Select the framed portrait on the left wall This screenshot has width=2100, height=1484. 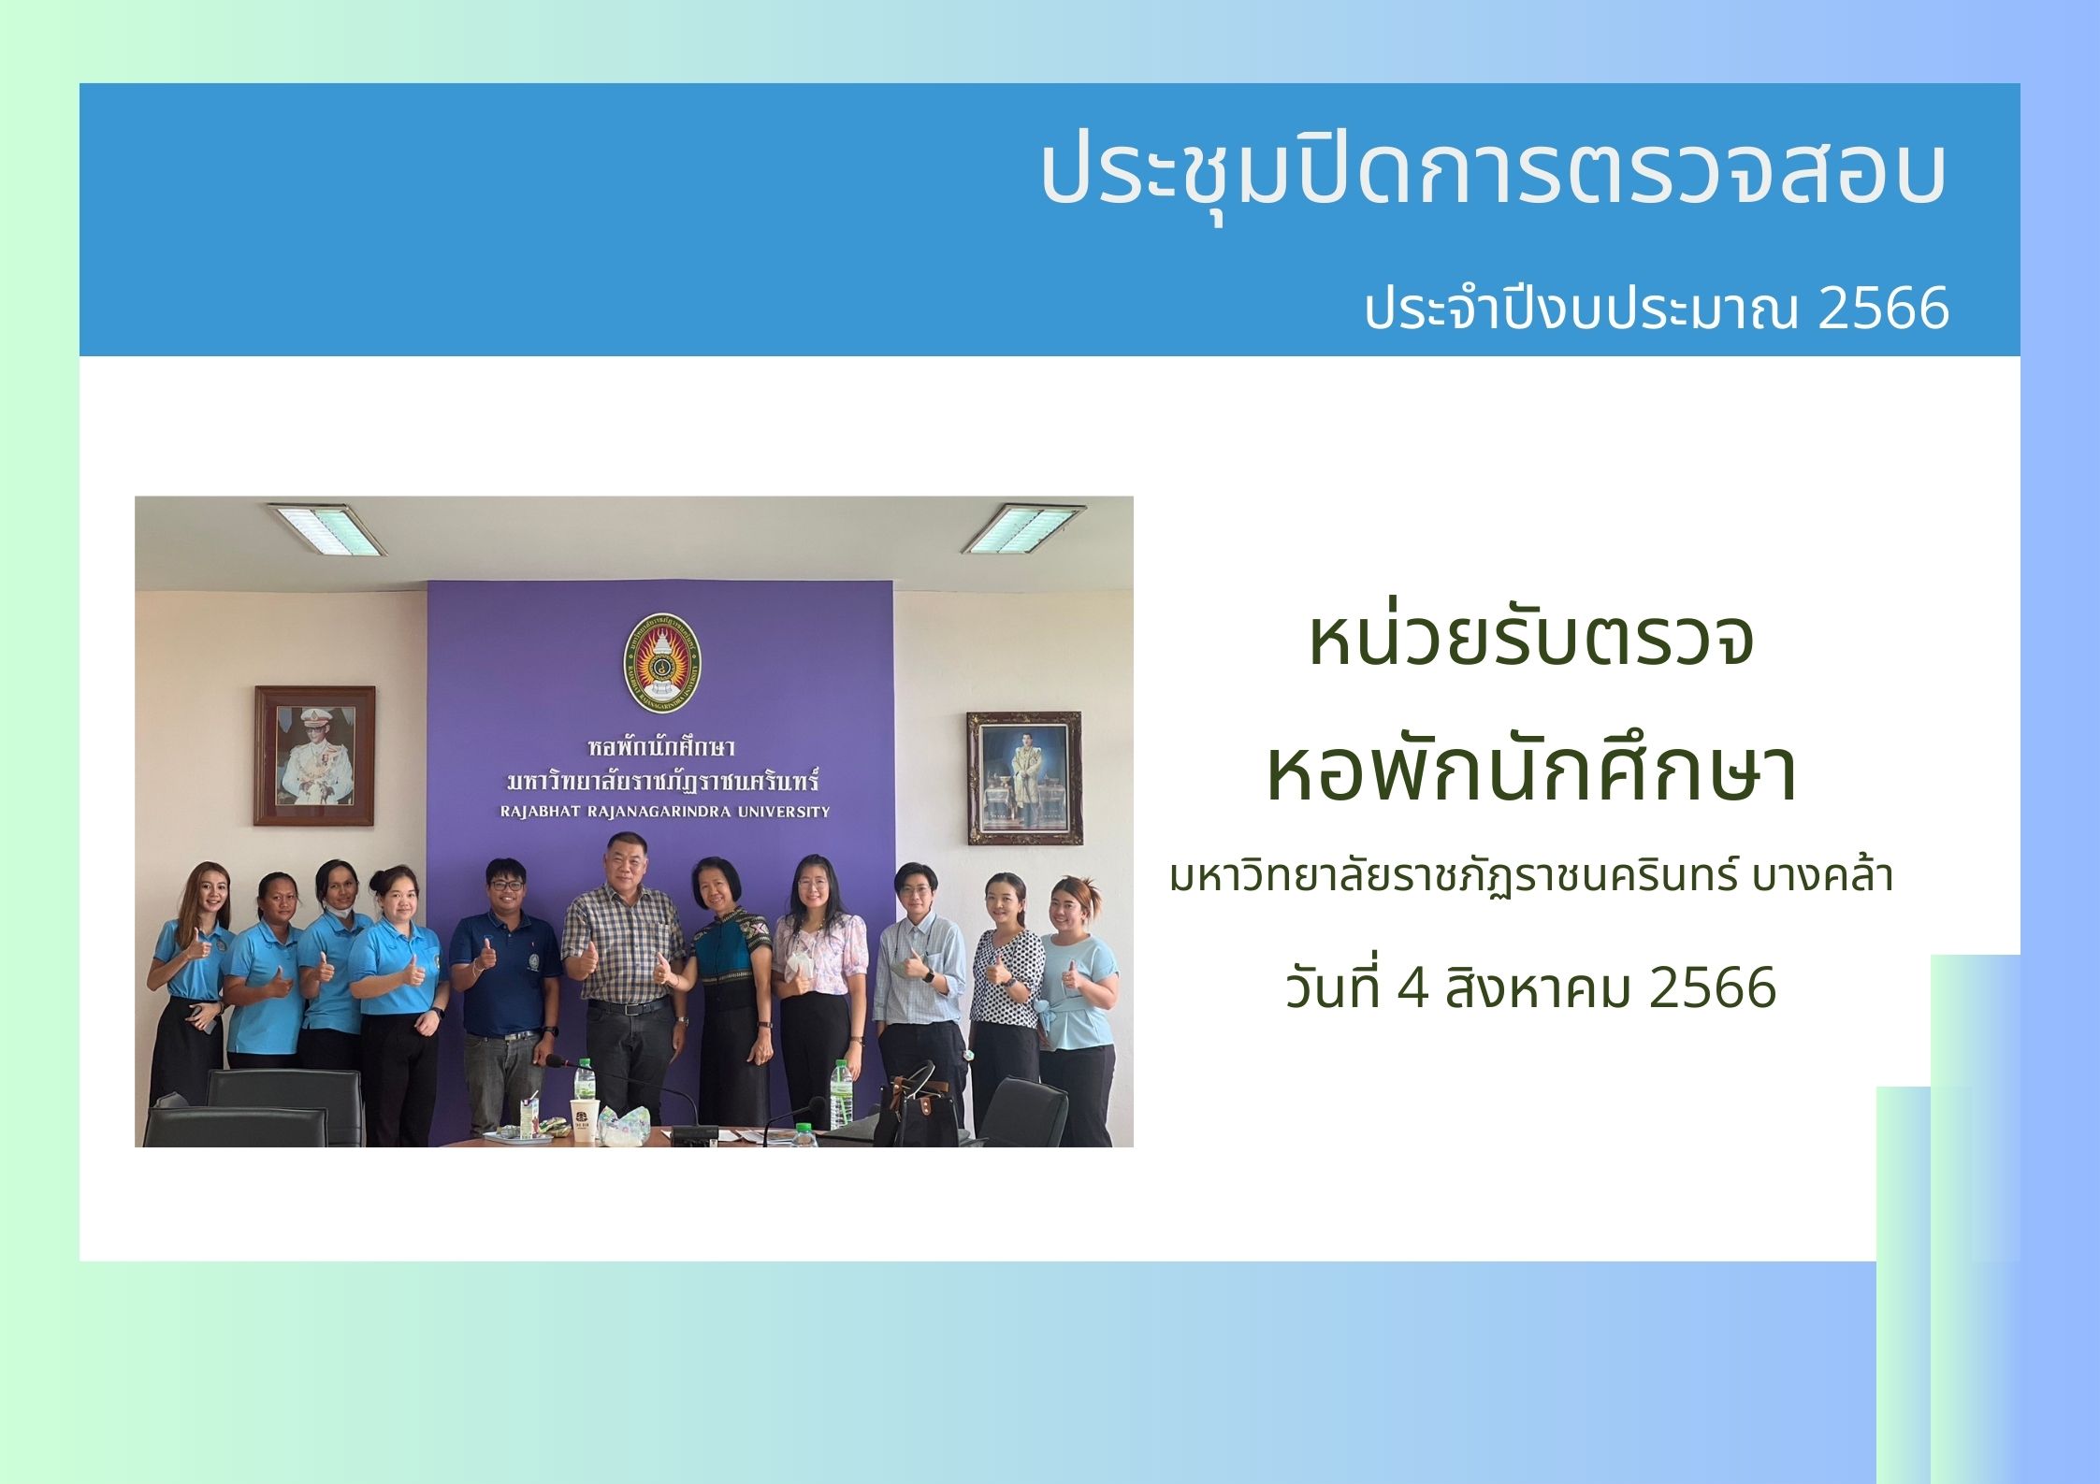pos(314,756)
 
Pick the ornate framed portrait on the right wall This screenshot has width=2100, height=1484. pos(1023,778)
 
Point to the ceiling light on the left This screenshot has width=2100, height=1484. pos(326,528)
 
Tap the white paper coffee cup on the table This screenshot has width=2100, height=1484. pos(584,1119)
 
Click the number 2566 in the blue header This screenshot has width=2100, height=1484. pos(1883,309)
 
